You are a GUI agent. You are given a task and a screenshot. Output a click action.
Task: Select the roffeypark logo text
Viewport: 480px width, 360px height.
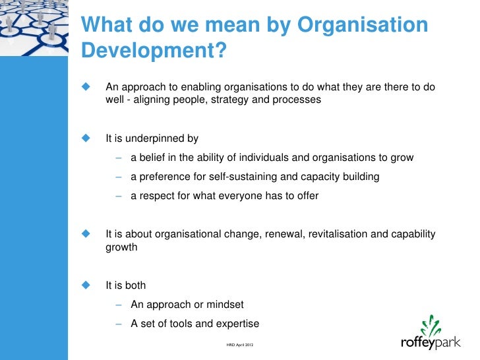click(432, 343)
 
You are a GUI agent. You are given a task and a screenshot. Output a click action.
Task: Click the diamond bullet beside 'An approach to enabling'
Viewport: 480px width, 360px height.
click(85, 88)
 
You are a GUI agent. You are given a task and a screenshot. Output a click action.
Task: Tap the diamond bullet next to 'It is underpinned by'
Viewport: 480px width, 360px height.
click(85, 138)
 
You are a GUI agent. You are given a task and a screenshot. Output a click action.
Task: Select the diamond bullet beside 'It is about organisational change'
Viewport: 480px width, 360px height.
click(85, 234)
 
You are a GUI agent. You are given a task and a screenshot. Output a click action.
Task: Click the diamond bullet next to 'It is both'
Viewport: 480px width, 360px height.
click(85, 285)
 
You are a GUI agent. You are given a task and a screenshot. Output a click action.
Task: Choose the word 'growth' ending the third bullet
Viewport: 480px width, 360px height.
click(121, 247)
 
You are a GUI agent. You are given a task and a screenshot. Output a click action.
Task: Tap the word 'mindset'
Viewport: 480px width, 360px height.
click(225, 305)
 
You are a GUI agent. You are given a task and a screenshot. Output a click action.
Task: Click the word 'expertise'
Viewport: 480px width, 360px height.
click(236, 324)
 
